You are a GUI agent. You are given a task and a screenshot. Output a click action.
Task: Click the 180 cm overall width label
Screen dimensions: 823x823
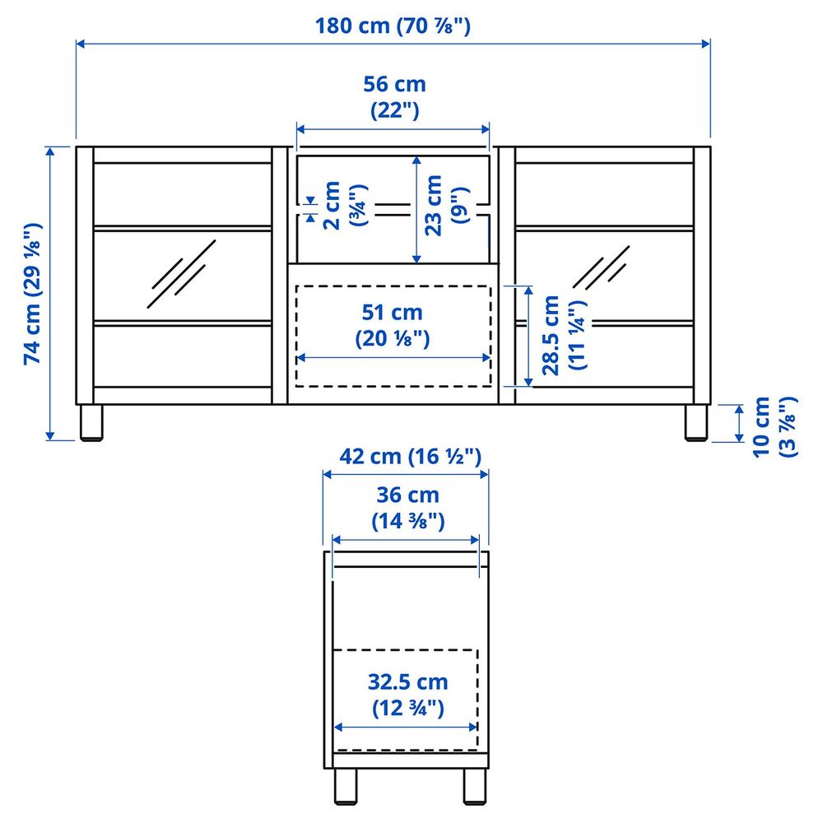(x=393, y=26)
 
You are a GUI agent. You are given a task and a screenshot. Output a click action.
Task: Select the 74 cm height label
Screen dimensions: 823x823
(x=31, y=294)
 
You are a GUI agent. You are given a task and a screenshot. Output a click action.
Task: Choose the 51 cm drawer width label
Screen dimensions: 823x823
(x=393, y=324)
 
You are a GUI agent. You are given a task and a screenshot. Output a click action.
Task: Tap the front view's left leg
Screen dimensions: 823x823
(x=91, y=423)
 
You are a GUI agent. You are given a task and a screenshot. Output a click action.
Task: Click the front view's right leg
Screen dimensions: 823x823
(x=696, y=423)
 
